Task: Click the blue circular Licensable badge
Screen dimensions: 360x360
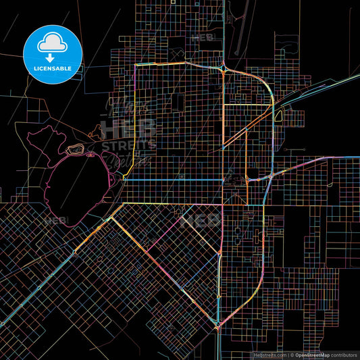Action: click(x=53, y=54)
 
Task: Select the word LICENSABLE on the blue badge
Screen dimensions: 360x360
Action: click(x=53, y=68)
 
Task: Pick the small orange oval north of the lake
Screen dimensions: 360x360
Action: click(x=76, y=149)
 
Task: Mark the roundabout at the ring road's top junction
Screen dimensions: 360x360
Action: click(x=224, y=67)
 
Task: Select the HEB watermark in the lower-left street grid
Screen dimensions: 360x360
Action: click(x=56, y=220)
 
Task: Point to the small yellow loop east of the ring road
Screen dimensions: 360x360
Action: click(x=278, y=115)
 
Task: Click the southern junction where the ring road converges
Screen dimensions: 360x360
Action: click(x=217, y=326)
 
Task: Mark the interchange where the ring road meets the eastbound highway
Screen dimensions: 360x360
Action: click(x=270, y=176)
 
